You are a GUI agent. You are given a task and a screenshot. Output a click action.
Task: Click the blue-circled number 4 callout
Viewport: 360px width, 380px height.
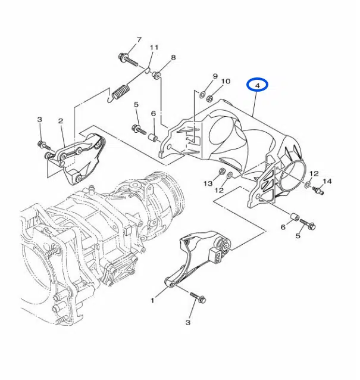point(257,85)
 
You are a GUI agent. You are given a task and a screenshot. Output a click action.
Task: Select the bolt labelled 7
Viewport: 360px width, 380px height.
point(128,60)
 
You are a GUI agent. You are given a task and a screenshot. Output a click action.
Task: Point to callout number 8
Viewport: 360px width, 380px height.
point(173,58)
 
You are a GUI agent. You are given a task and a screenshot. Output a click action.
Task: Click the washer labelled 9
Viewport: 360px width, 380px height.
point(202,94)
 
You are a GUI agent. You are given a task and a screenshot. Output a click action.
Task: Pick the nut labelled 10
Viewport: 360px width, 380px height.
point(210,98)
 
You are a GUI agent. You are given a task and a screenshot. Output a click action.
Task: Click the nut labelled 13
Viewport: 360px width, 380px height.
point(221,172)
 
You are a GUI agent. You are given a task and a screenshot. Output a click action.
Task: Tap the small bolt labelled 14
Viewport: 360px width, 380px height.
point(318,190)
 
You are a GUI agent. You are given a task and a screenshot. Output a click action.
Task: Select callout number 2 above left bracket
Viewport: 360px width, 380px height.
point(61,121)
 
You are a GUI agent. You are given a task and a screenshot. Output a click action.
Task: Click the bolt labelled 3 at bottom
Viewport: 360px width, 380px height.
point(198,298)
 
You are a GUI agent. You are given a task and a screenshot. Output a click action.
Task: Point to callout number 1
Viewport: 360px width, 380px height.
point(152,301)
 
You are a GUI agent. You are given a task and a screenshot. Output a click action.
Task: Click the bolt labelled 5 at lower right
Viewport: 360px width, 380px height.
point(308,224)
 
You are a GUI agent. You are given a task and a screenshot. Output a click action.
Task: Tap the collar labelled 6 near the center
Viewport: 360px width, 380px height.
point(154,138)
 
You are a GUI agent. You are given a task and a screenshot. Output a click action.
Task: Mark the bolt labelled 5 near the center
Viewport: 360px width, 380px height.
point(139,130)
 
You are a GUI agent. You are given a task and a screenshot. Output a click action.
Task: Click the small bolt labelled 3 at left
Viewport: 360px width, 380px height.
point(44,146)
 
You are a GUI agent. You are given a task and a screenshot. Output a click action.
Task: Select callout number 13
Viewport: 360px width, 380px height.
point(208,183)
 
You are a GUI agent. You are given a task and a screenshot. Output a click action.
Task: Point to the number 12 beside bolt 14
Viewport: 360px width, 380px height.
point(314,173)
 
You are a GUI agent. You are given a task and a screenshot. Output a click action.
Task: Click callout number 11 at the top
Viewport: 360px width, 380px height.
point(154,47)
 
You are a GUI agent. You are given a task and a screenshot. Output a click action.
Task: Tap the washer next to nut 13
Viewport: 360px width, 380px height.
point(230,175)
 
